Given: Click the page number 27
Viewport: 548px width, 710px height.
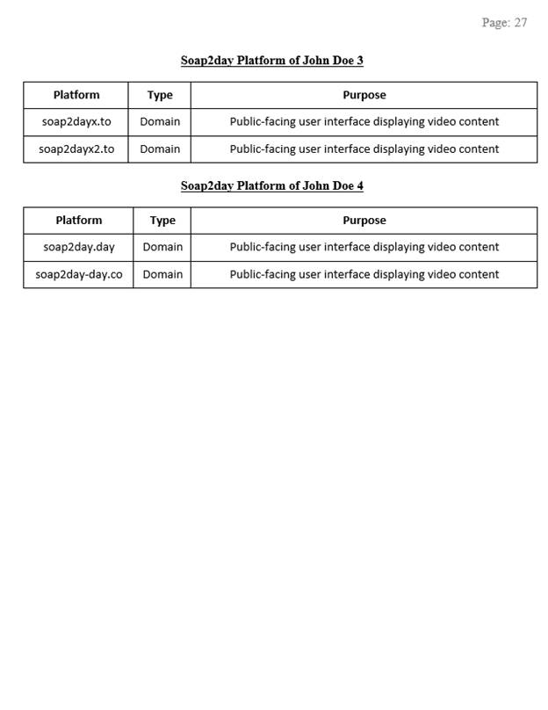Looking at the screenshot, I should (520, 23).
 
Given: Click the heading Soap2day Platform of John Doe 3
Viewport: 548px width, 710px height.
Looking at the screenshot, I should (272, 61).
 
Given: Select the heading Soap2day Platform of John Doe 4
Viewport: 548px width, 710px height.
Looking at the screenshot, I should (272, 186).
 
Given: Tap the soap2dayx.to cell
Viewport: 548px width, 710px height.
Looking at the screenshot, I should (76, 122).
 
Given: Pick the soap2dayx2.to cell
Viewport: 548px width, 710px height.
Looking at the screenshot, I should (76, 149).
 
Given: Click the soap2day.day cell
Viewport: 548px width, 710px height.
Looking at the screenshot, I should (79, 247).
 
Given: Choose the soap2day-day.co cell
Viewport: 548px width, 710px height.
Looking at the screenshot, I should (79, 274).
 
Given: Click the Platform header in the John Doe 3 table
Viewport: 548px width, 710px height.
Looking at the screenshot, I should (76, 95).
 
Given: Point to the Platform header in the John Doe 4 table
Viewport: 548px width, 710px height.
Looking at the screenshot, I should (79, 221).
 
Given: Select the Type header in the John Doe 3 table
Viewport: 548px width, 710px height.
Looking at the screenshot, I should (160, 95).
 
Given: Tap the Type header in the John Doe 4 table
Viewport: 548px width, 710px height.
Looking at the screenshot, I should (162, 221).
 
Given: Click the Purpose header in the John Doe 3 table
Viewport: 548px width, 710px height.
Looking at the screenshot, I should (364, 95).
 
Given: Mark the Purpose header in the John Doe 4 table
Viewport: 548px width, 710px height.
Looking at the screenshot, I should (364, 221).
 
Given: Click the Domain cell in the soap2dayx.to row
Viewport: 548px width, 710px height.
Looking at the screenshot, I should (160, 122).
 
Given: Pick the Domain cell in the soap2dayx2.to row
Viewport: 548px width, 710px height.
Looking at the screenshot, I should (160, 149).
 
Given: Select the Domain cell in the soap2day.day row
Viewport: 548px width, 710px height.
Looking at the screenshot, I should (162, 247).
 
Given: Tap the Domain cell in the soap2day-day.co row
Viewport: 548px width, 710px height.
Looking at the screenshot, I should (162, 274).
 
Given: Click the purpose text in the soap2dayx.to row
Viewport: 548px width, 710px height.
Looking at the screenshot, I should (364, 122).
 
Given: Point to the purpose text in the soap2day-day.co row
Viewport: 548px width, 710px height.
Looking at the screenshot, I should (364, 274).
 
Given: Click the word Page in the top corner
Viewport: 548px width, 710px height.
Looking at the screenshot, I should (494, 23).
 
